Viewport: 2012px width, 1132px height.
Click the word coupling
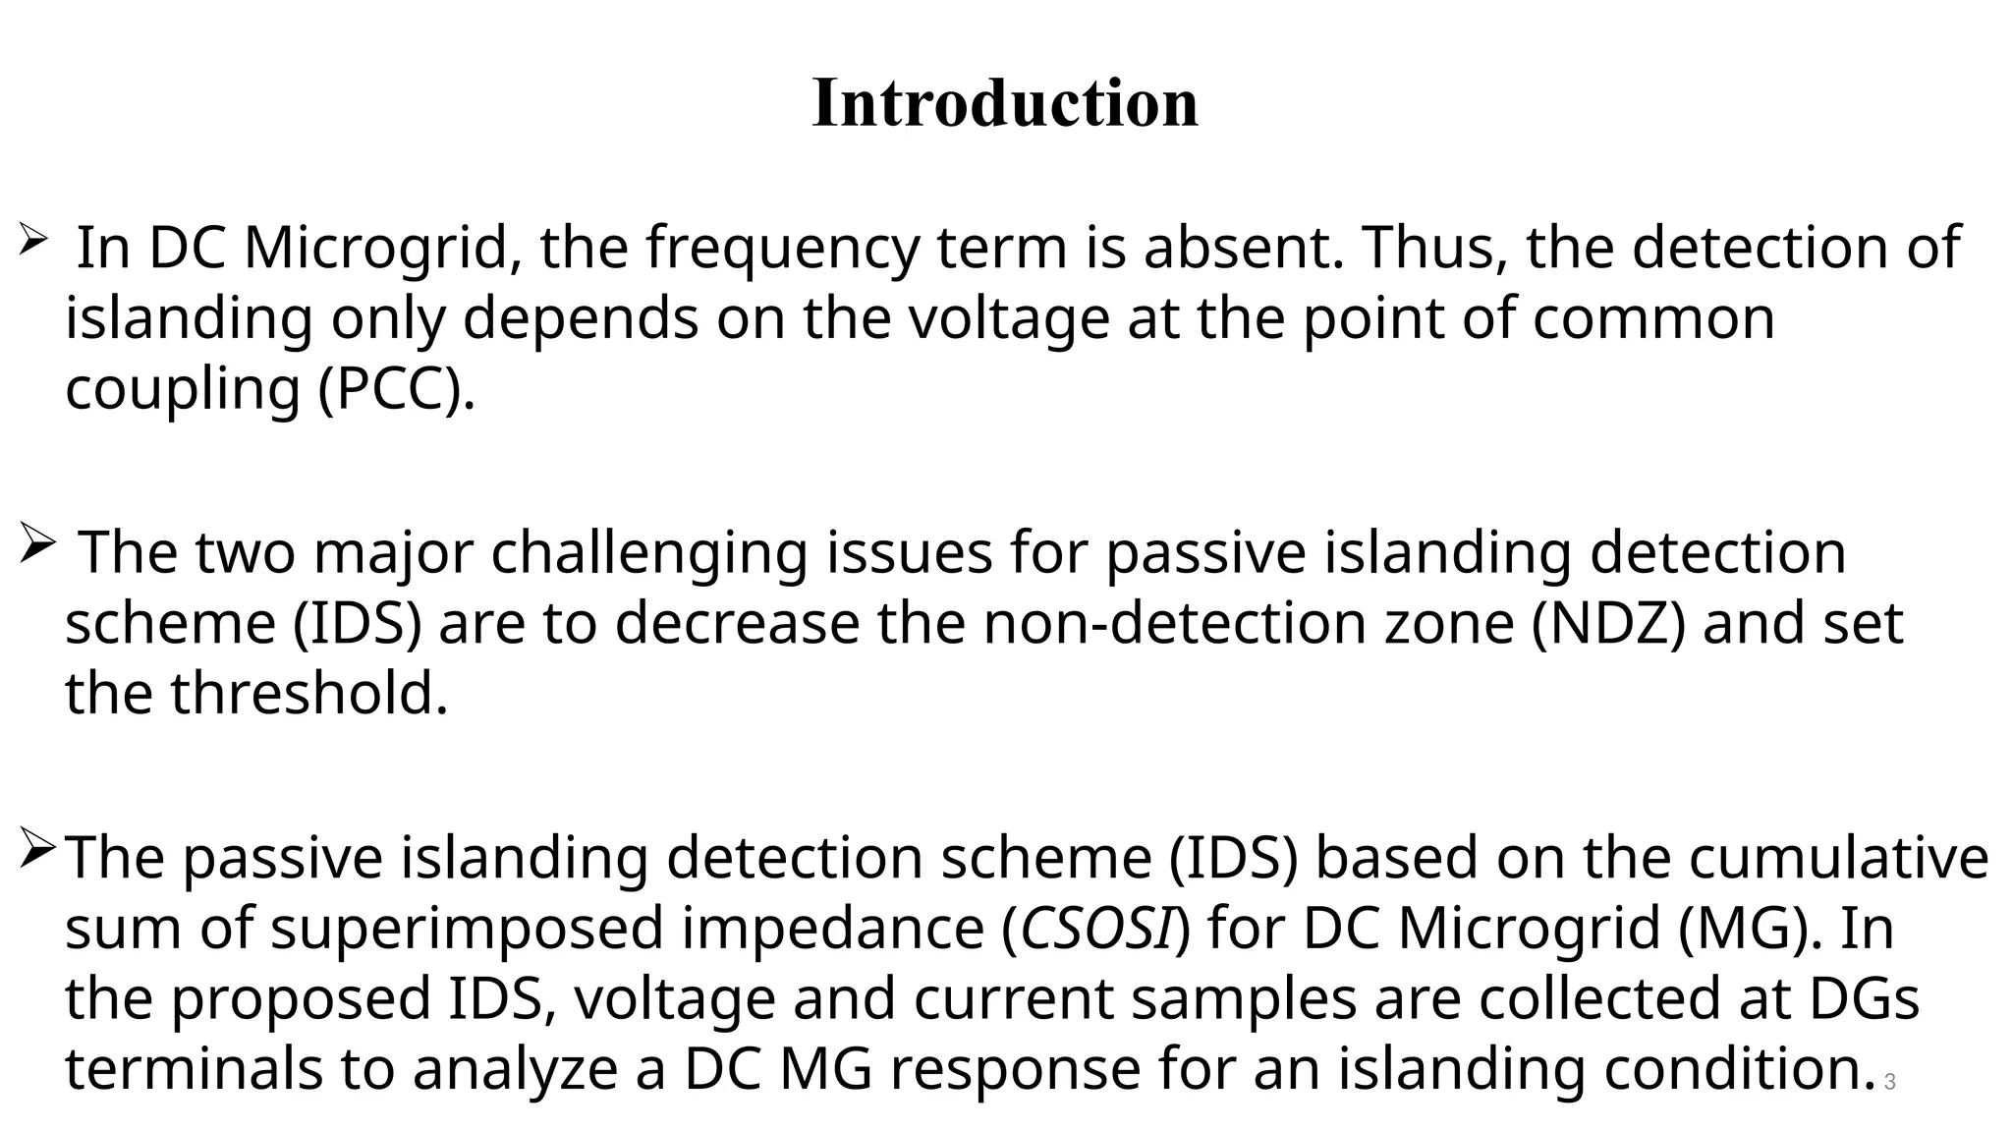(x=182, y=390)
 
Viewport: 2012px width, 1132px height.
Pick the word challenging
(x=649, y=553)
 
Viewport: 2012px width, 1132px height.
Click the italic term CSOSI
(x=1097, y=928)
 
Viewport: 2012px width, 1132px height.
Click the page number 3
(x=1889, y=1083)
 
